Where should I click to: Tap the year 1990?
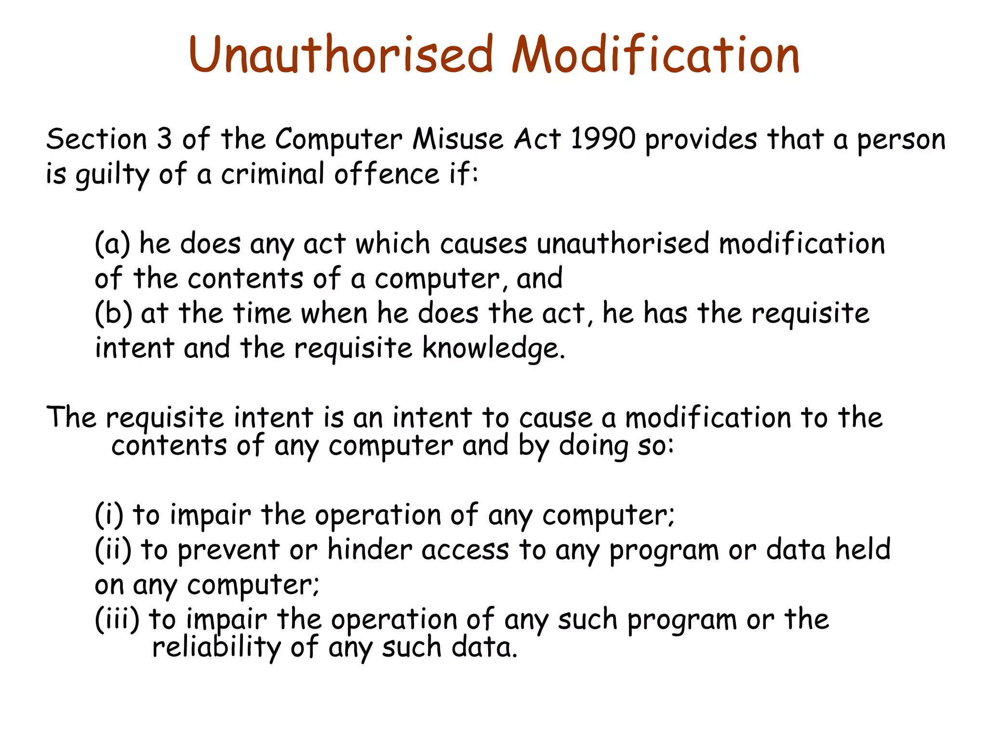[602, 139]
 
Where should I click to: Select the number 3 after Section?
[164, 139]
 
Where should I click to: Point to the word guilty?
[112, 174]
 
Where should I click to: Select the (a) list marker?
[112, 244]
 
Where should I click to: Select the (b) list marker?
[113, 313]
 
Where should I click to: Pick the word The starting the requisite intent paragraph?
[71, 417]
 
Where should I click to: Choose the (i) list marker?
[109, 515]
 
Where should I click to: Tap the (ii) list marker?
[113, 550]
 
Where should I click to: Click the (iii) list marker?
[117, 619]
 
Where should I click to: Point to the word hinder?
[369, 550]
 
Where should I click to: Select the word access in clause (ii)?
[465, 550]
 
